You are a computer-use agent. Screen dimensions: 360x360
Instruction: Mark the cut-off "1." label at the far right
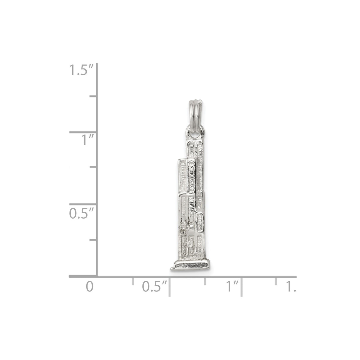point(291,287)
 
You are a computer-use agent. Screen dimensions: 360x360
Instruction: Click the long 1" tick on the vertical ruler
point(84,132)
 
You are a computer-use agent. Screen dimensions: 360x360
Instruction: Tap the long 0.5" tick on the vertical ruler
point(84,204)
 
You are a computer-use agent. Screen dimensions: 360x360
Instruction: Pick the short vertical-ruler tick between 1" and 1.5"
point(94,96)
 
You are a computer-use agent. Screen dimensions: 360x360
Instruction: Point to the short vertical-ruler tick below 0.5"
point(94,239)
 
